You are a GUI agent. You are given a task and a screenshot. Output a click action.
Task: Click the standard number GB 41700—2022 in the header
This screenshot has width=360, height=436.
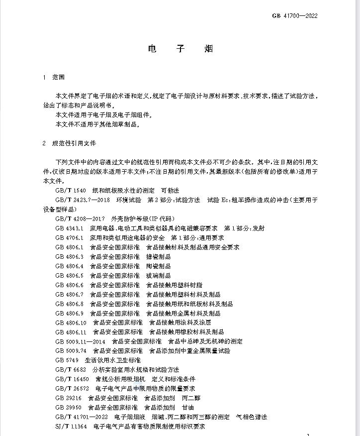click(294, 15)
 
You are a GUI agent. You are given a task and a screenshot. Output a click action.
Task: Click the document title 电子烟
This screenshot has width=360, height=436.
click(180, 49)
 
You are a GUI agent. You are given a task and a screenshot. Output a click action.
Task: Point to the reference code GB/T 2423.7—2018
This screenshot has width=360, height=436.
click(83, 200)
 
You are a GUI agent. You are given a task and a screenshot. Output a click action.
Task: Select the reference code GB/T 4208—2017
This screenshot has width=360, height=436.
click(81, 218)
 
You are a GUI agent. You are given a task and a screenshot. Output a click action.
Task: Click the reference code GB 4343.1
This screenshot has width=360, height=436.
click(70, 228)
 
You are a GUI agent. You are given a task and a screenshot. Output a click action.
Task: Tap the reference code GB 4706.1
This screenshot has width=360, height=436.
click(70, 237)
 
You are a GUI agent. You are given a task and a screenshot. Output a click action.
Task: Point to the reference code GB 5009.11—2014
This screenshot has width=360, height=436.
click(81, 341)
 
